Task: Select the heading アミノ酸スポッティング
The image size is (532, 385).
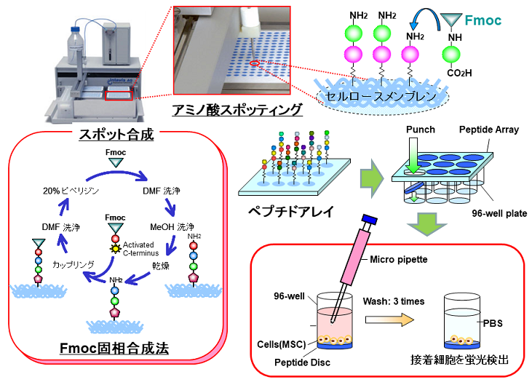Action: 237,110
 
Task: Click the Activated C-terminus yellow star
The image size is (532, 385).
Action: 114,249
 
